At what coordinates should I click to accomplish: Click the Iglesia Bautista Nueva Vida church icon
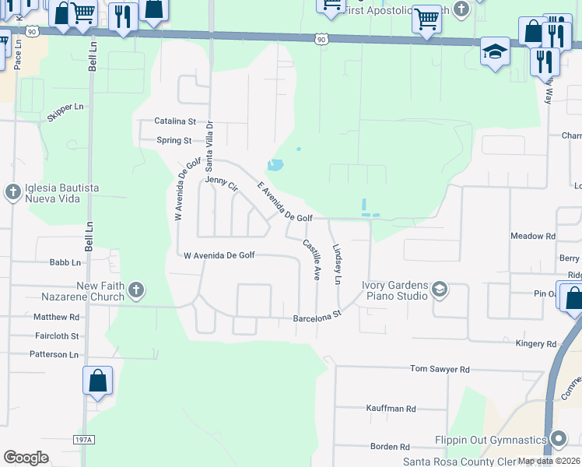point(12,192)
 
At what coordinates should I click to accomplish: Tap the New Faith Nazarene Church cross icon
point(136,291)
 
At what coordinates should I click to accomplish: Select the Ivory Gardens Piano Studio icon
point(440,290)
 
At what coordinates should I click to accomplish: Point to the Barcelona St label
point(317,318)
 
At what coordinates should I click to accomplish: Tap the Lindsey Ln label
point(338,265)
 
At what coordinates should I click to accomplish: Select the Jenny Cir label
point(221,184)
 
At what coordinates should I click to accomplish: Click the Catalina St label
point(174,121)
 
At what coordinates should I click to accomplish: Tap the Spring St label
point(174,141)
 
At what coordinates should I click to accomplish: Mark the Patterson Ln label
point(54,354)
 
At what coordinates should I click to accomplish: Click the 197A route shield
point(84,440)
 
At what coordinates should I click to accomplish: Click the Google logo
point(26,458)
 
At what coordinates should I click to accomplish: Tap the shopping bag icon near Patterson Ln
point(98,381)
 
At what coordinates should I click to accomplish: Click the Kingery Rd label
point(537,343)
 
